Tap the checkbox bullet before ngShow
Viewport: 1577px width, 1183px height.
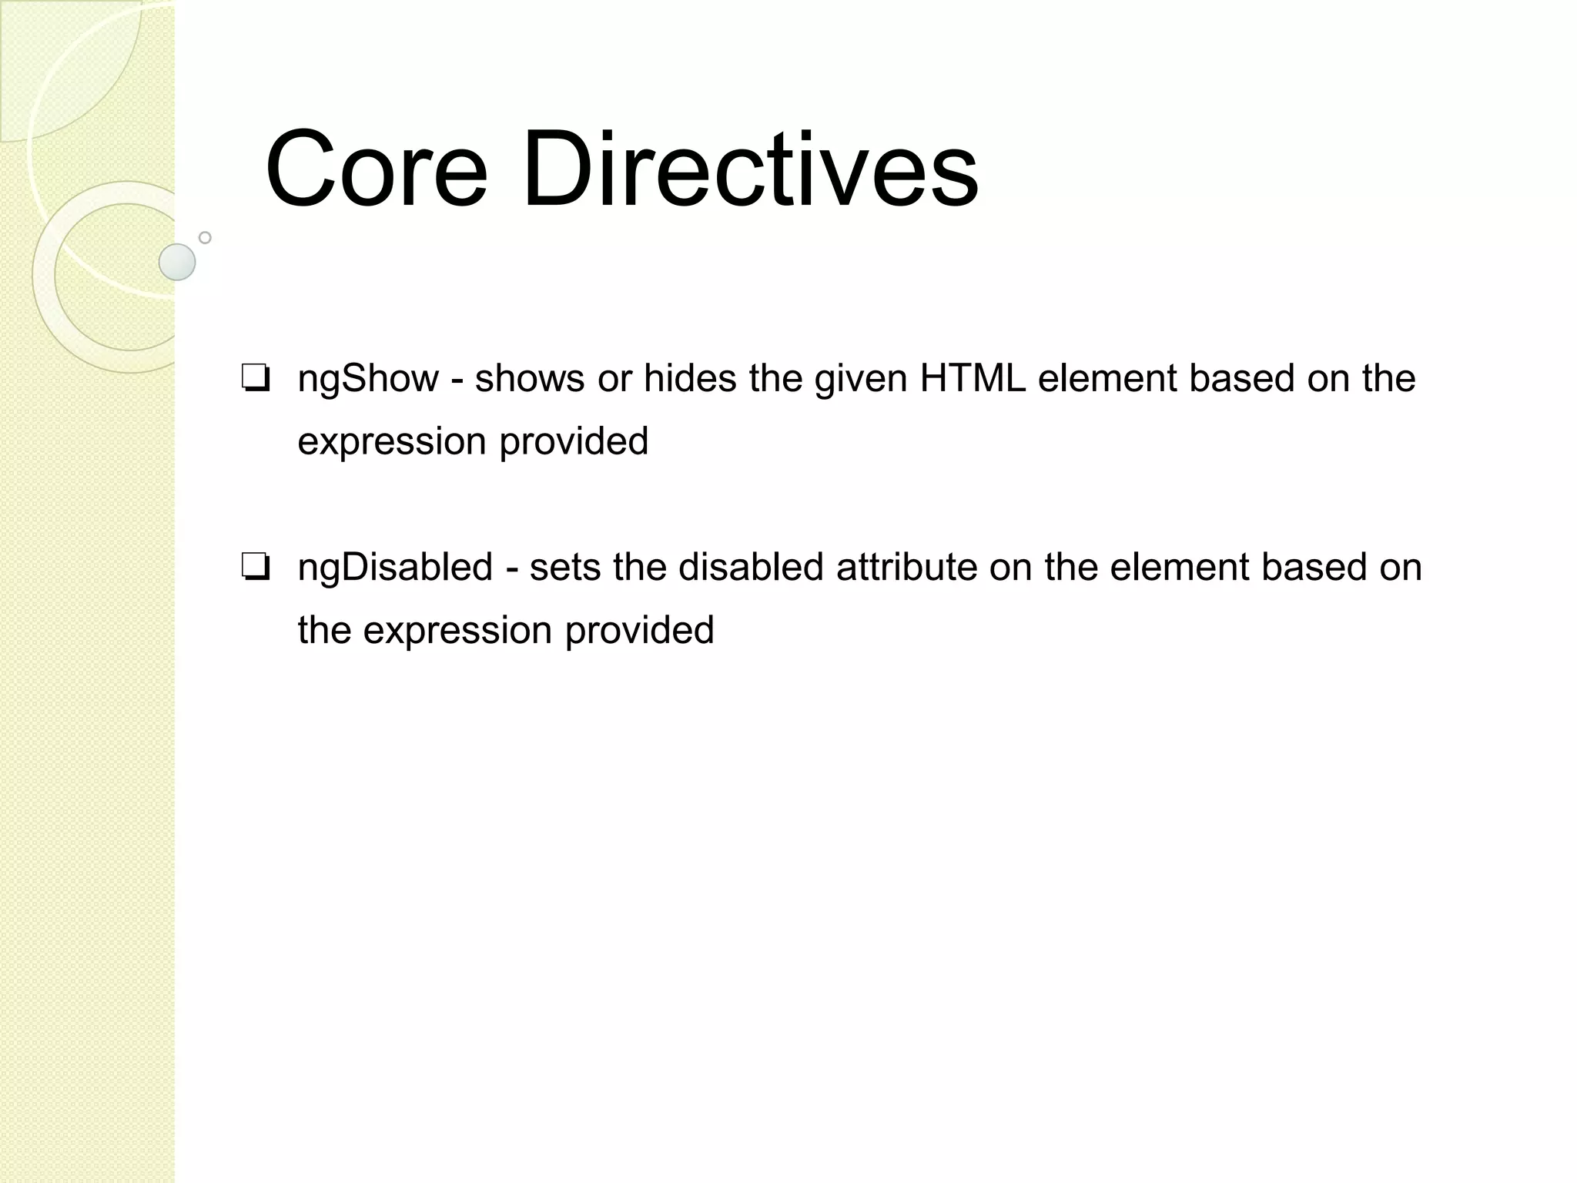pos(255,380)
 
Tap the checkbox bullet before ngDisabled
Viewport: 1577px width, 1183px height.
pos(255,568)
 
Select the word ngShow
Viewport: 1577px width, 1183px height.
pos(368,380)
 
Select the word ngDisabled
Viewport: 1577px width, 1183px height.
pos(395,568)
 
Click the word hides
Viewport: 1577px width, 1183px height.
pos(690,378)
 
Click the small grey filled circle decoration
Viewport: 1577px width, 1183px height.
pos(177,262)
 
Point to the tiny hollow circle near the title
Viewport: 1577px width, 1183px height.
pos(205,237)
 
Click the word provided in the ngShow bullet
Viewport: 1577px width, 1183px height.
pos(574,442)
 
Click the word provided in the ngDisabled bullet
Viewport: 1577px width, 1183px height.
pos(639,631)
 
